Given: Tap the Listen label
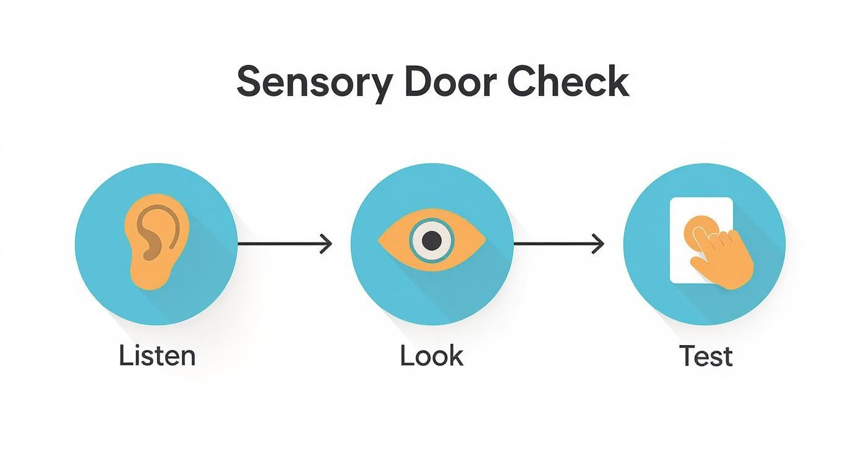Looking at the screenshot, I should click(157, 356).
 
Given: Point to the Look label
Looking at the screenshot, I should click(431, 356).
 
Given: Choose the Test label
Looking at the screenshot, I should click(705, 356).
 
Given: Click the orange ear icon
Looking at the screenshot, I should click(155, 241).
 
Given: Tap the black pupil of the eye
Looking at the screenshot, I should click(432, 240).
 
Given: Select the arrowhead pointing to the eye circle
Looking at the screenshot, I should click(327, 244).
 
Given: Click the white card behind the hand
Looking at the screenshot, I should click(683, 210).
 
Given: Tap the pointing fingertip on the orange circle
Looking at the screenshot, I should click(698, 234).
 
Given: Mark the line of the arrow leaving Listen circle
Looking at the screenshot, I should click(278, 244).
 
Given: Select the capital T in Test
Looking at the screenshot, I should click(686, 356).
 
